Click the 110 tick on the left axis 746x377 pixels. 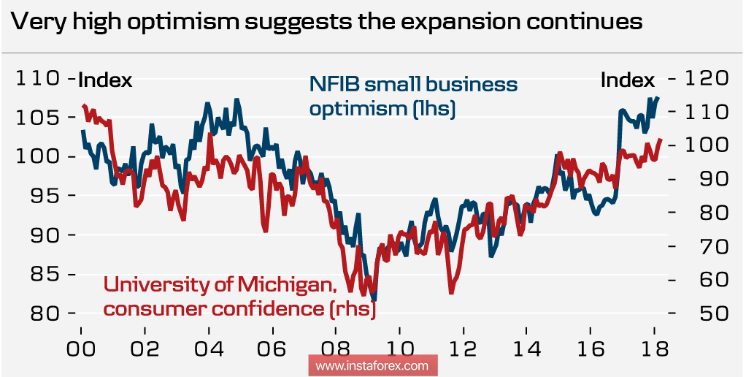tap(36, 78)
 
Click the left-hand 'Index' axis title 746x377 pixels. tap(104, 80)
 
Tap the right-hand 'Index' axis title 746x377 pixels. tap(627, 80)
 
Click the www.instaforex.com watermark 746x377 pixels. tap(372, 365)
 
